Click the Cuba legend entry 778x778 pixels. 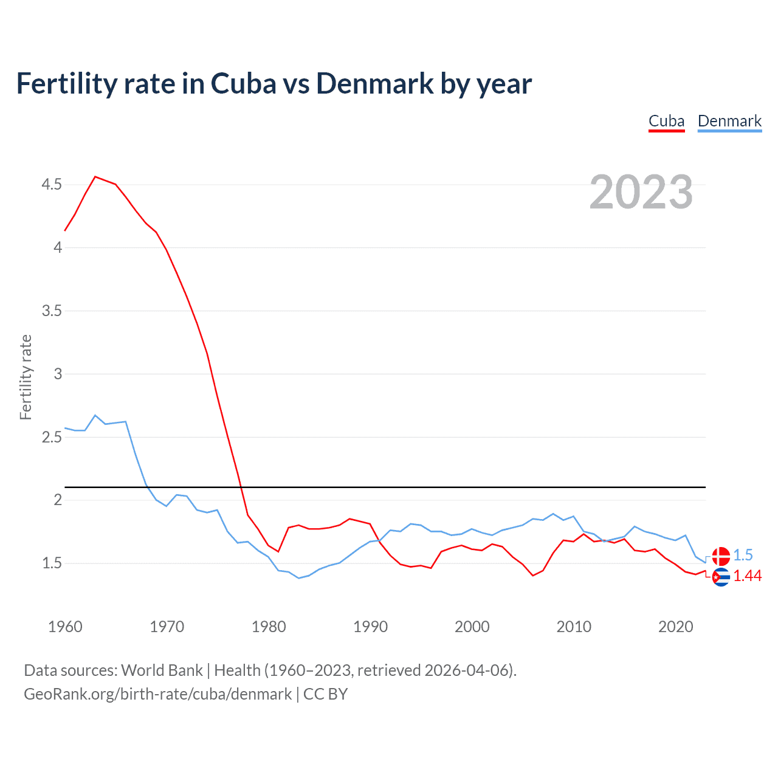pyautogui.click(x=666, y=121)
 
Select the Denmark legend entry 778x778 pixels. pyautogui.click(x=729, y=121)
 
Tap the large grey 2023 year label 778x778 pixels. pyautogui.click(x=641, y=192)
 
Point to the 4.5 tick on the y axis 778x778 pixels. pyautogui.click(x=52, y=184)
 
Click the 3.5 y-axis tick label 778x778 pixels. pyautogui.click(x=52, y=311)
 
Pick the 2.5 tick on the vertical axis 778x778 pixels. pyautogui.click(x=52, y=437)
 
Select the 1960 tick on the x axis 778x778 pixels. pyautogui.click(x=65, y=627)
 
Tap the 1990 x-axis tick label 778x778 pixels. pyautogui.click(x=370, y=627)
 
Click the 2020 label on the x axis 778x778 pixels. pyautogui.click(x=675, y=627)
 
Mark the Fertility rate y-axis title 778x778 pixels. pyautogui.click(x=26, y=377)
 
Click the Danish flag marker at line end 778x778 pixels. pyautogui.click(x=721, y=556)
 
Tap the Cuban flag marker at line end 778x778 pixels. pyautogui.click(x=721, y=577)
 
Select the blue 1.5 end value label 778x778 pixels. pyautogui.click(x=743, y=555)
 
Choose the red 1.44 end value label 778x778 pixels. pyautogui.click(x=747, y=576)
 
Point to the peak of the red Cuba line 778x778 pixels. pyautogui.click(x=95, y=177)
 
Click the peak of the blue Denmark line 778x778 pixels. pyautogui.click(x=95, y=415)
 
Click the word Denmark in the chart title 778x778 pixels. pyautogui.click(x=374, y=83)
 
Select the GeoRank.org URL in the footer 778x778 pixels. pyautogui.click(x=157, y=694)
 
